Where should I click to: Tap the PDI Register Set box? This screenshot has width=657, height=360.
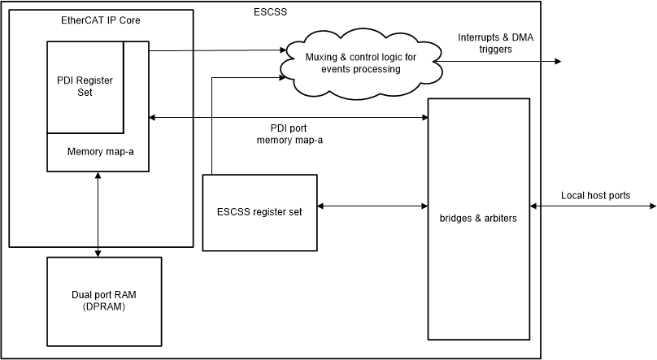point(85,86)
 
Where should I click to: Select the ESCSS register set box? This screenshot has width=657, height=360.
point(260,212)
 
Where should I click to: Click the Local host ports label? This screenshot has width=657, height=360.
point(595,196)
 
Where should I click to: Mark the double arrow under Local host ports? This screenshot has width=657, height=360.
point(592,206)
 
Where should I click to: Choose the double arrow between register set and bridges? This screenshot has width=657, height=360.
point(373,206)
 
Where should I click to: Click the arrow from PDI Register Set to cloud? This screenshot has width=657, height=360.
point(215,50)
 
